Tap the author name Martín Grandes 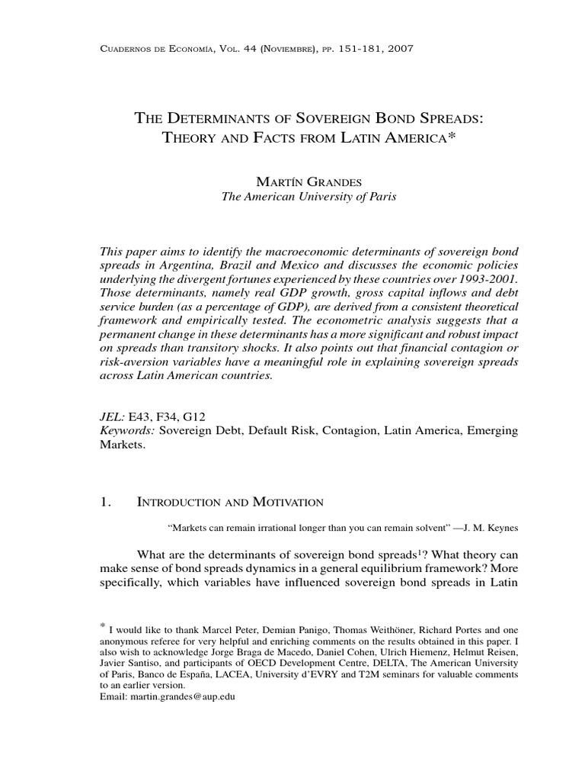[308, 182]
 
